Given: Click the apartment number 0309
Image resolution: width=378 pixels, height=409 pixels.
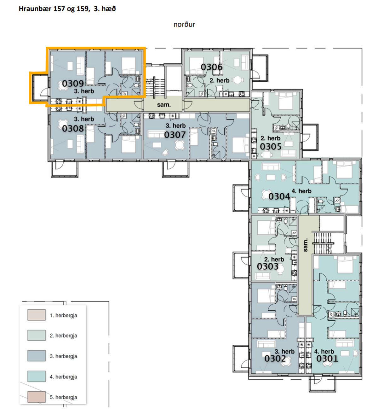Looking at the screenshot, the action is (73, 83).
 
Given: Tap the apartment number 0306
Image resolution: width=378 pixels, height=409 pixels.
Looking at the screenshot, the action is (212, 67).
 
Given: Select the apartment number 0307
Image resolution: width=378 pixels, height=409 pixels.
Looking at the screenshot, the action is (175, 135).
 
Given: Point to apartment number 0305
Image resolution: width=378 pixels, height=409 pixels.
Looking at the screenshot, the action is (271, 146).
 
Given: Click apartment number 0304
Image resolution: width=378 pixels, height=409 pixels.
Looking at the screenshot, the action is (279, 196).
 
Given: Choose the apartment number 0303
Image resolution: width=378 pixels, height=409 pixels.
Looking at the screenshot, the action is (268, 266).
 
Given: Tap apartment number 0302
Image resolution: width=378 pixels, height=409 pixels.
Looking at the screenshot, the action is (275, 359).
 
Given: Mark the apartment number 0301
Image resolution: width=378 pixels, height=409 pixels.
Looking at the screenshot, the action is (327, 359).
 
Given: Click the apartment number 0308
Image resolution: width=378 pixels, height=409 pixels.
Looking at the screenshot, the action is (73, 129).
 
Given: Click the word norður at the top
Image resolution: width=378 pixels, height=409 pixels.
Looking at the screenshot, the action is (184, 25).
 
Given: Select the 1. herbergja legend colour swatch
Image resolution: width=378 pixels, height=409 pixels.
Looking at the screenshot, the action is (37, 315).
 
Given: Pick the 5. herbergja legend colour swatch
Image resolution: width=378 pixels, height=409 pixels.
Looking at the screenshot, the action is (37, 397).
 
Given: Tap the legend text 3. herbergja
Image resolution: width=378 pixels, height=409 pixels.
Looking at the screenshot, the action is (63, 356).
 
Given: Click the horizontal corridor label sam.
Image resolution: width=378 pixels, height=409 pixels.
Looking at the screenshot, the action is (164, 105).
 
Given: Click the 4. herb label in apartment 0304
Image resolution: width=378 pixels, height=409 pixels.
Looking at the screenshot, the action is (301, 191).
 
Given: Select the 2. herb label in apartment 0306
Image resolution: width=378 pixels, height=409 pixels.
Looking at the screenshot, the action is (219, 80).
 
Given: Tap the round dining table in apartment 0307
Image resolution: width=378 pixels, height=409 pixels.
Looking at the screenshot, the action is (180, 145).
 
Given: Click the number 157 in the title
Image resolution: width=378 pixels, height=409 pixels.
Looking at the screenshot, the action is (59, 9).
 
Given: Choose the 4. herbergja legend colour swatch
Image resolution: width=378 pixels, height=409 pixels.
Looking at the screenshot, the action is (37, 376).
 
